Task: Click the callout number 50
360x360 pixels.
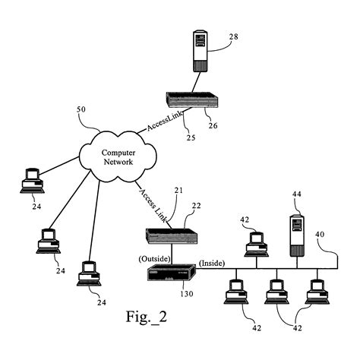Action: tap(82, 109)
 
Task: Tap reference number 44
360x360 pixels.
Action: tap(297, 195)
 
